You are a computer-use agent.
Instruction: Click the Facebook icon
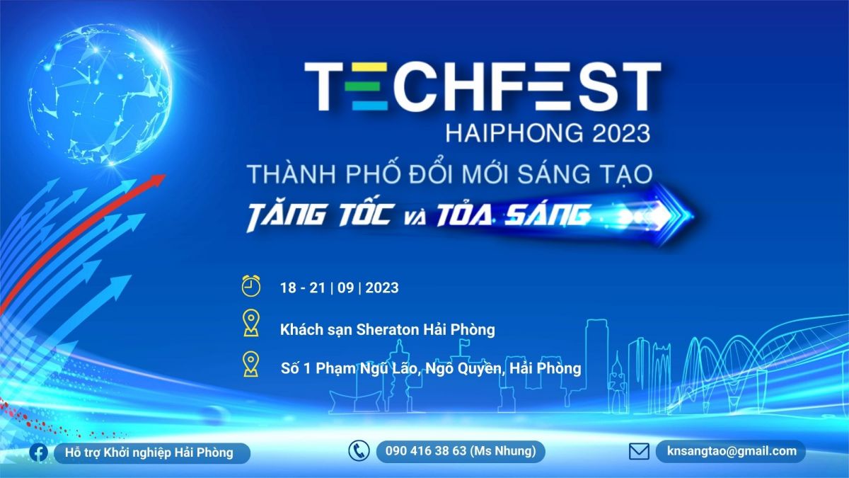coord(39,453)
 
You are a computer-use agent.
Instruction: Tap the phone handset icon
coord(359,450)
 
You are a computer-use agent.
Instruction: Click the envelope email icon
coord(639,452)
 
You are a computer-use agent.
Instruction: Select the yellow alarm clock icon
coord(251,286)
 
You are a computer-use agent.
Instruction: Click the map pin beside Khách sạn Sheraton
coord(251,323)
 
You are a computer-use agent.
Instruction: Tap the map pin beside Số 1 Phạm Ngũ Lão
coord(251,364)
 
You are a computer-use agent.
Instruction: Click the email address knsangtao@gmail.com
coord(732,451)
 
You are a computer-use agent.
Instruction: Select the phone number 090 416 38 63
coord(426,450)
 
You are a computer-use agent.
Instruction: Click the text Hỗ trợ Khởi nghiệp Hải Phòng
coord(149,453)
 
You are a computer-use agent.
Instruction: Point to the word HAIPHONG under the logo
coord(515,134)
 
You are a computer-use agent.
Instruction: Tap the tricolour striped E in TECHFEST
coord(369,86)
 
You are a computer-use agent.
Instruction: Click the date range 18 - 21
coord(303,288)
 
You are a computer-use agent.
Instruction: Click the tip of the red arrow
coord(166,176)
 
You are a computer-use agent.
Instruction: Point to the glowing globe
coord(100,95)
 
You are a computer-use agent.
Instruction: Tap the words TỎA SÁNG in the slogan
coord(514,215)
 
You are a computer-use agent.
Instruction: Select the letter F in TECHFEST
coord(521,86)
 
